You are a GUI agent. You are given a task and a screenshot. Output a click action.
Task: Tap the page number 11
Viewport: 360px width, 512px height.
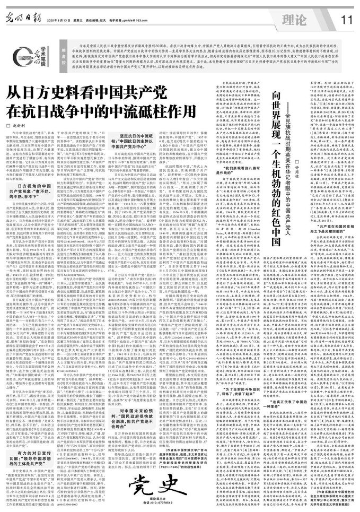point(347,19)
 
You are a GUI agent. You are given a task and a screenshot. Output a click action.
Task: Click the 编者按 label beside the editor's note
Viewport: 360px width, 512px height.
point(63,53)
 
